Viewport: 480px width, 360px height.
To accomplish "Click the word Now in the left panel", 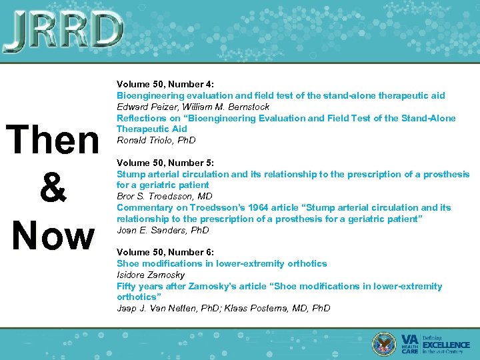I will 53,235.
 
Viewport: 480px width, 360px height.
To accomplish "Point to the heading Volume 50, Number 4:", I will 165,85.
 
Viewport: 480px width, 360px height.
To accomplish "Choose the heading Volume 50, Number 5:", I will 165,163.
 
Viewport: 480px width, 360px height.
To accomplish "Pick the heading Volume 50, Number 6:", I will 165,252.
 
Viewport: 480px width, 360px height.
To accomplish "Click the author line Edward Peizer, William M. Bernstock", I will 193,107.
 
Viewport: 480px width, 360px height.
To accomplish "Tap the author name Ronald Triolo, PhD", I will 156,141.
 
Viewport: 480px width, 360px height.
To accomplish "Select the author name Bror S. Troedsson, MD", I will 163,196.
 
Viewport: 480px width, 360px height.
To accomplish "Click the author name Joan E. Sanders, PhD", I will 163,230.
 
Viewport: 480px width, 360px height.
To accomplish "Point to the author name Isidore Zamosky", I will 151,275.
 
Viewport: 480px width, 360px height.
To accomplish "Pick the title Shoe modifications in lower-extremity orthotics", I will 221,263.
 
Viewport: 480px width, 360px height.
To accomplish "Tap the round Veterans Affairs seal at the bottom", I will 385,342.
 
